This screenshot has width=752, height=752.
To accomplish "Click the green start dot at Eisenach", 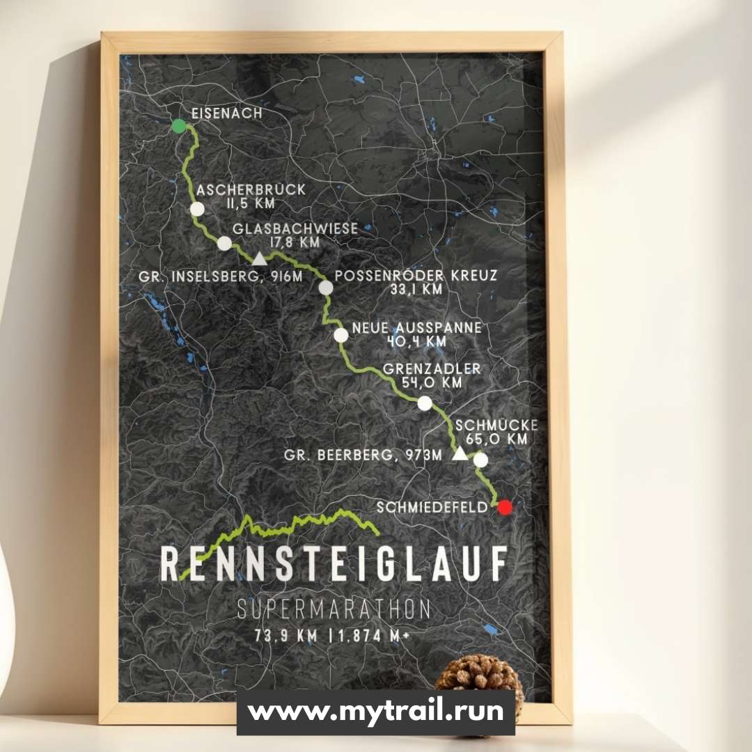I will (179, 126).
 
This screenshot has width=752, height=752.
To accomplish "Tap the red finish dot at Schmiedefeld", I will (505, 507).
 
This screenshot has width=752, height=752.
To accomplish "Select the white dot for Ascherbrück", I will (198, 209).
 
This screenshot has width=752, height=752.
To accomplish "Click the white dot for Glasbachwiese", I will (224, 243).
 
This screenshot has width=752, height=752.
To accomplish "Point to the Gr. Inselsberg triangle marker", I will (259, 259).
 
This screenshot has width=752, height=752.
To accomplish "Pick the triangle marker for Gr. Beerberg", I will (460, 454).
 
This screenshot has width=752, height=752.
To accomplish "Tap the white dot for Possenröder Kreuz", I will (326, 288).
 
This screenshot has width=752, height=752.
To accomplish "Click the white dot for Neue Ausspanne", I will (341, 335).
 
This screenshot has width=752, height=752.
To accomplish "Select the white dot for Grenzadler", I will (425, 403).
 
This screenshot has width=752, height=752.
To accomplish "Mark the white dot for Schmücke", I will (480, 460).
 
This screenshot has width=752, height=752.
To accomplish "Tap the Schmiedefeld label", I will (432, 508).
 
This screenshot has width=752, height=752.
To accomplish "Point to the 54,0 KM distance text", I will (432, 382).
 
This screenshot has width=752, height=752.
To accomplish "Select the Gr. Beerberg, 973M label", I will (363, 455).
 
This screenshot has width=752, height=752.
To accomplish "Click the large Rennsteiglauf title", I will (333, 564).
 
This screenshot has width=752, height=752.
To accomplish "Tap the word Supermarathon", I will (334, 609).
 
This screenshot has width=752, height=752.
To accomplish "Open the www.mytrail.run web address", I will (376, 712).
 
